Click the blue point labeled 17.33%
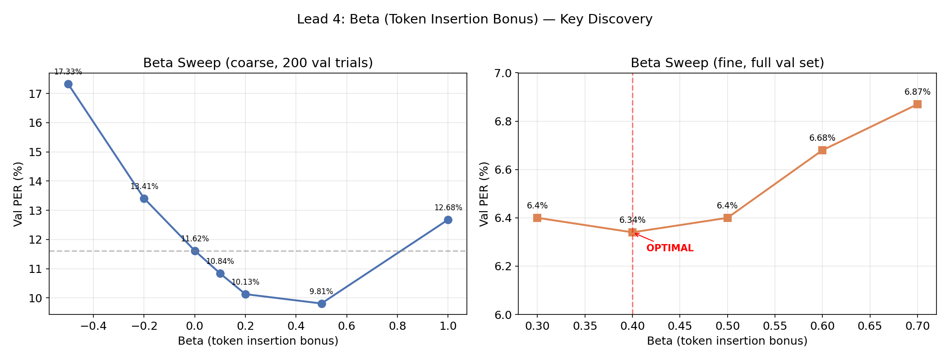(x=68, y=84)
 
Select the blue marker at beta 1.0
(x=448, y=220)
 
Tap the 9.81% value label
(x=321, y=291)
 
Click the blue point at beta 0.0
(x=195, y=251)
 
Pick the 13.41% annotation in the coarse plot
(x=144, y=186)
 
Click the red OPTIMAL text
(x=669, y=248)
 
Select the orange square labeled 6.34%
(x=632, y=232)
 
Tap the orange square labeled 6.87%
(x=917, y=104)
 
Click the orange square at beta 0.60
(x=822, y=150)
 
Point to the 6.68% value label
(x=822, y=138)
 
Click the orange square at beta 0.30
(x=537, y=218)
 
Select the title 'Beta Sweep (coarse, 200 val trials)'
(x=258, y=63)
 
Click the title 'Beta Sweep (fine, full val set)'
(x=727, y=63)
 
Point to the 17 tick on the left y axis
(x=37, y=94)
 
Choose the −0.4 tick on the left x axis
(x=93, y=325)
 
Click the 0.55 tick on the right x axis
(x=775, y=325)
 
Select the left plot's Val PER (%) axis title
(x=18, y=194)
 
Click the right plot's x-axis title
(x=727, y=341)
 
